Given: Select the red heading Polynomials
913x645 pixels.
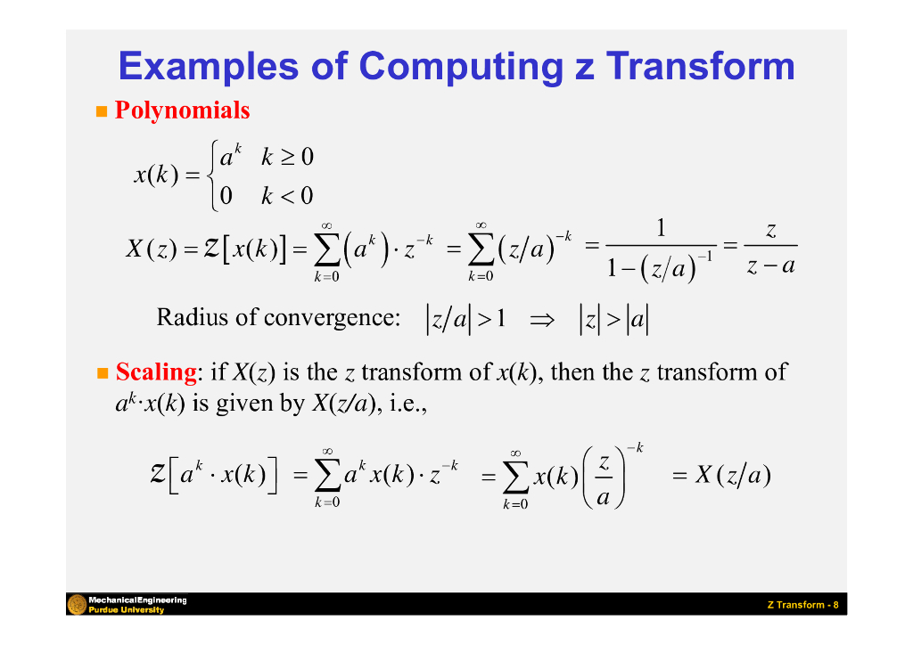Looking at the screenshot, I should click(x=182, y=110).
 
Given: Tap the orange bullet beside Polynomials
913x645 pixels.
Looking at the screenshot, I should click(x=102, y=111).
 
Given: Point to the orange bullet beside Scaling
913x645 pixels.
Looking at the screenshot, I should click(x=102, y=372).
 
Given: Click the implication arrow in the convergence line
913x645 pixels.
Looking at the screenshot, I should click(x=542, y=318).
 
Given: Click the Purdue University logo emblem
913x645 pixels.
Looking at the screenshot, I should click(x=77, y=604).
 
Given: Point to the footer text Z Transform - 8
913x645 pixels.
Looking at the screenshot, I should click(x=802, y=606).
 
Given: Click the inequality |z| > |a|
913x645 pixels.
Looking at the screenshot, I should click(x=614, y=318).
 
